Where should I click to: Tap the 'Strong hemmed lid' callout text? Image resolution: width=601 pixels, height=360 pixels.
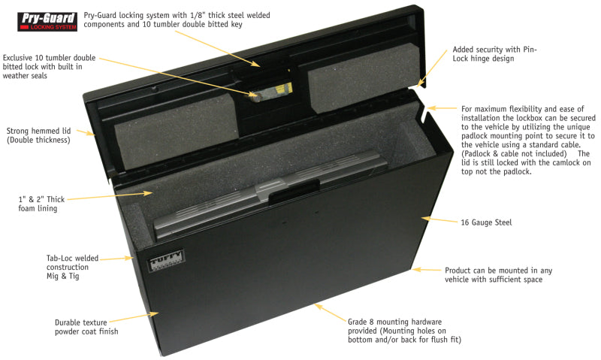click(x=38, y=134)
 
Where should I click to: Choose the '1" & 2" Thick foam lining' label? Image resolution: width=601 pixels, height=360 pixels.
click(x=49, y=203)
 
